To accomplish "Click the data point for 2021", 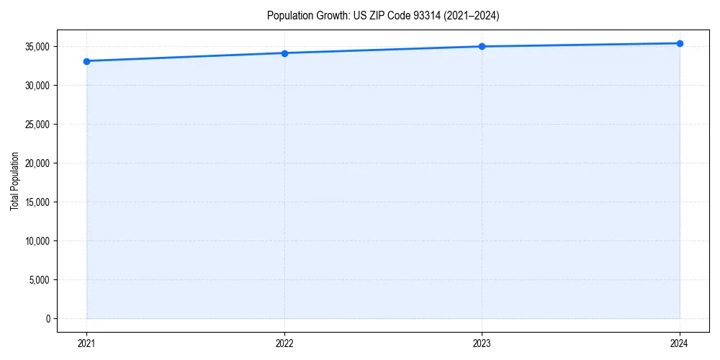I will [86, 61].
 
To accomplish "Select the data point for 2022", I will [284, 53].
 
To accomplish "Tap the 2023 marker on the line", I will [482, 47].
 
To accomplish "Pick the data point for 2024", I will [680, 43].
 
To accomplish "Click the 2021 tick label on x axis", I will [86, 343].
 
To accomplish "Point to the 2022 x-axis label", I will [284, 343].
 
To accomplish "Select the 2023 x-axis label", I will [482, 343].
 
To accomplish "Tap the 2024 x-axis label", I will [680, 343].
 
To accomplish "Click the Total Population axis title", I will [14, 181].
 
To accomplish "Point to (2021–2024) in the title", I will [471, 15].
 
